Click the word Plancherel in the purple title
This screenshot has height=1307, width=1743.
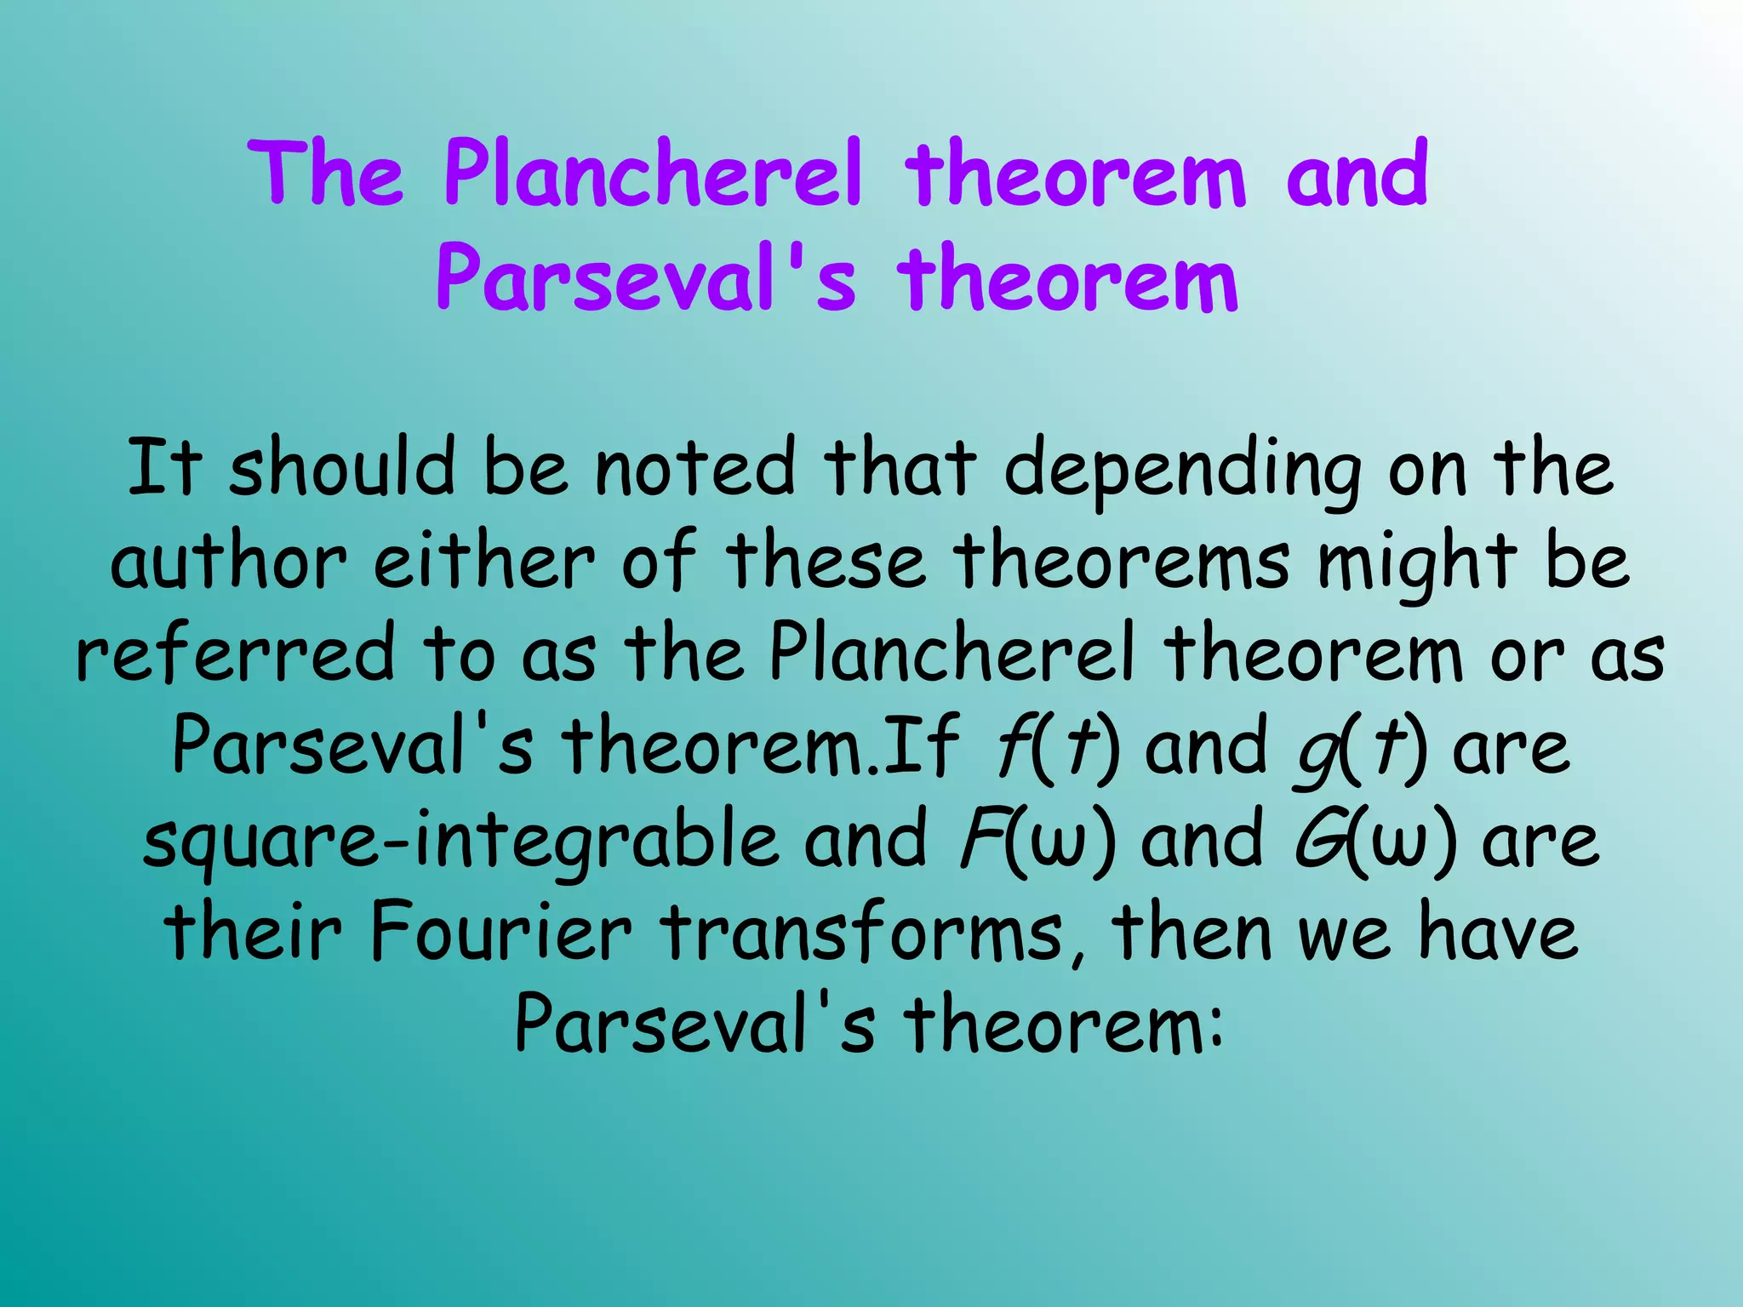coord(653,174)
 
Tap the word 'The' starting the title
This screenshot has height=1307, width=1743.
coord(326,174)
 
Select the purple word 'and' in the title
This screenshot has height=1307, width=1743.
coord(1357,174)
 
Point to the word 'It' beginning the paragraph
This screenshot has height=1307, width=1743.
coord(165,467)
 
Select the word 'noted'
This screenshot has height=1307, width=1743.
coord(694,467)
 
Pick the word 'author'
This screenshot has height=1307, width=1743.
coord(228,562)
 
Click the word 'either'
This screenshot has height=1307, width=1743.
coord(483,562)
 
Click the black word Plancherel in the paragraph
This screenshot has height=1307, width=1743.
coord(952,653)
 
